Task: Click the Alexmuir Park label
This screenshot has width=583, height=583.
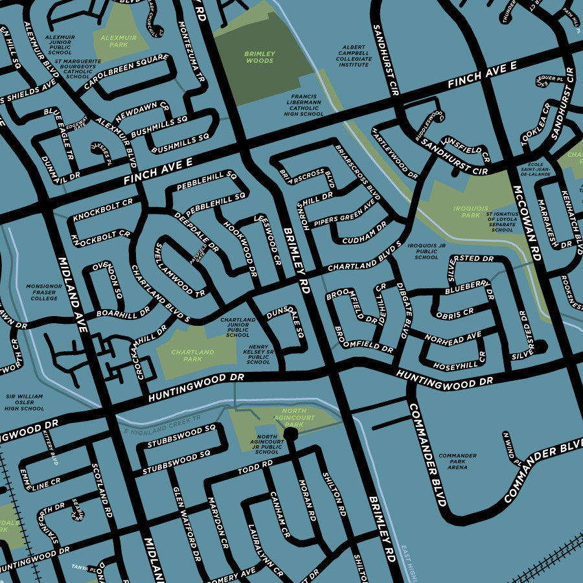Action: coord(119,41)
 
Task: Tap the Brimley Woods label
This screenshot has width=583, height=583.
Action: coord(259,57)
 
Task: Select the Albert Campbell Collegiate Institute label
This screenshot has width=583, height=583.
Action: coord(354,56)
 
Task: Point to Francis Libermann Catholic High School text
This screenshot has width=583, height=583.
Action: coord(304,104)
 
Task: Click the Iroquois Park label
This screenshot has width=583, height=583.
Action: coord(466,212)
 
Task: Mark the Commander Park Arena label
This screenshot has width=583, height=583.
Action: coord(457,461)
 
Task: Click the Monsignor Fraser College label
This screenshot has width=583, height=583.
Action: coord(44,291)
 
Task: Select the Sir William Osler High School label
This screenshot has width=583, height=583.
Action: coord(25,402)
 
